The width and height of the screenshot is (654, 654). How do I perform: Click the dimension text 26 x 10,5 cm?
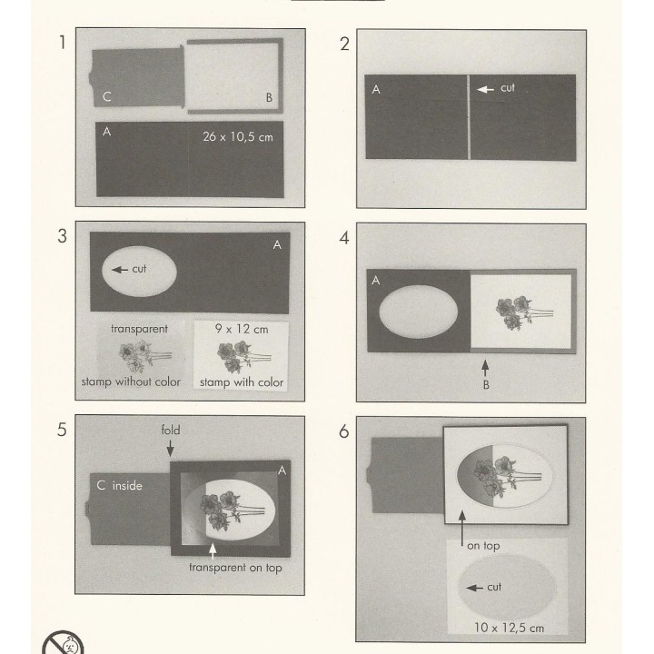pyautogui.click(x=238, y=137)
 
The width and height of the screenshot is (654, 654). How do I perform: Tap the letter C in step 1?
pyautogui.click(x=107, y=97)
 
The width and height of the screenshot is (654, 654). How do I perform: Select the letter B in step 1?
pyautogui.click(x=269, y=97)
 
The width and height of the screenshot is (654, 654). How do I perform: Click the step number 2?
pyautogui.click(x=344, y=44)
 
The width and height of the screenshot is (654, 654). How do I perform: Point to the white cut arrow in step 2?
pyautogui.click(x=485, y=89)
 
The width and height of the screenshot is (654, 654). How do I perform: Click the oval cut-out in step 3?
pyautogui.click(x=139, y=271)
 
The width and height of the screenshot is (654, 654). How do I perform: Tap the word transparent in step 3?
pyautogui.click(x=139, y=329)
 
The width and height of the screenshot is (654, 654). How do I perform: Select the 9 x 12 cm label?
pyautogui.click(x=242, y=329)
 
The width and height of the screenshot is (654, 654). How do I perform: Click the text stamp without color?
pyautogui.click(x=131, y=381)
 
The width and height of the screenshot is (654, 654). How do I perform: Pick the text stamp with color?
pyautogui.click(x=242, y=382)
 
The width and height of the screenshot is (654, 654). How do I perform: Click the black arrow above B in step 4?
pyautogui.click(x=485, y=368)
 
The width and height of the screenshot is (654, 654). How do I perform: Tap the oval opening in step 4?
pyautogui.click(x=419, y=312)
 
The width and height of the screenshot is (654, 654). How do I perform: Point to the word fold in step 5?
pyautogui.click(x=171, y=430)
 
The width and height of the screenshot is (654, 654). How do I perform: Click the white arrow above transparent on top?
pyautogui.click(x=213, y=551)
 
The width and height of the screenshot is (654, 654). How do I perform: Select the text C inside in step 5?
pyautogui.click(x=119, y=485)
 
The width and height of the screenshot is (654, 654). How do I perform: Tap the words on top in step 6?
pyautogui.click(x=483, y=546)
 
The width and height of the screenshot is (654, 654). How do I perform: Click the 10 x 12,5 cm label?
pyautogui.click(x=509, y=628)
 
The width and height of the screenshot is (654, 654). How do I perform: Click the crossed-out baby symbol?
pyautogui.click(x=64, y=642)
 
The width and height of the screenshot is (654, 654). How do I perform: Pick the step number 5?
pyautogui.click(x=62, y=430)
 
